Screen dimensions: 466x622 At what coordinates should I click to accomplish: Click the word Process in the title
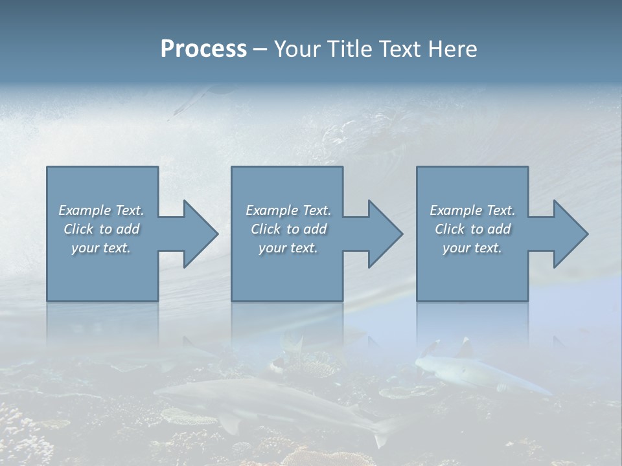203,49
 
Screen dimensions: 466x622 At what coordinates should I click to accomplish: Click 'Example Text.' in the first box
101,210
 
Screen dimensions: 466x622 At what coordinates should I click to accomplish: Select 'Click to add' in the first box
101,229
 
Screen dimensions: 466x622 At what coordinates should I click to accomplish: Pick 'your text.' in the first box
101,248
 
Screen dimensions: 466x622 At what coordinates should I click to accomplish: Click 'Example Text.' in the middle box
288,210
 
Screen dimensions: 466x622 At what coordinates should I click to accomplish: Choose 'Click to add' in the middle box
288,229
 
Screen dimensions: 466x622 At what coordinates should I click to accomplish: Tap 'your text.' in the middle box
288,248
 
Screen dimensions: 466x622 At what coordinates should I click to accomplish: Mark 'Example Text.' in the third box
472,210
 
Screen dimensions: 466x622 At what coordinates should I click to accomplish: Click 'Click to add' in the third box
472,229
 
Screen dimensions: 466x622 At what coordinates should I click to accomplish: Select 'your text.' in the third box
472,248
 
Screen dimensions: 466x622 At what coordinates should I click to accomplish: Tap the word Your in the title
296,49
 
